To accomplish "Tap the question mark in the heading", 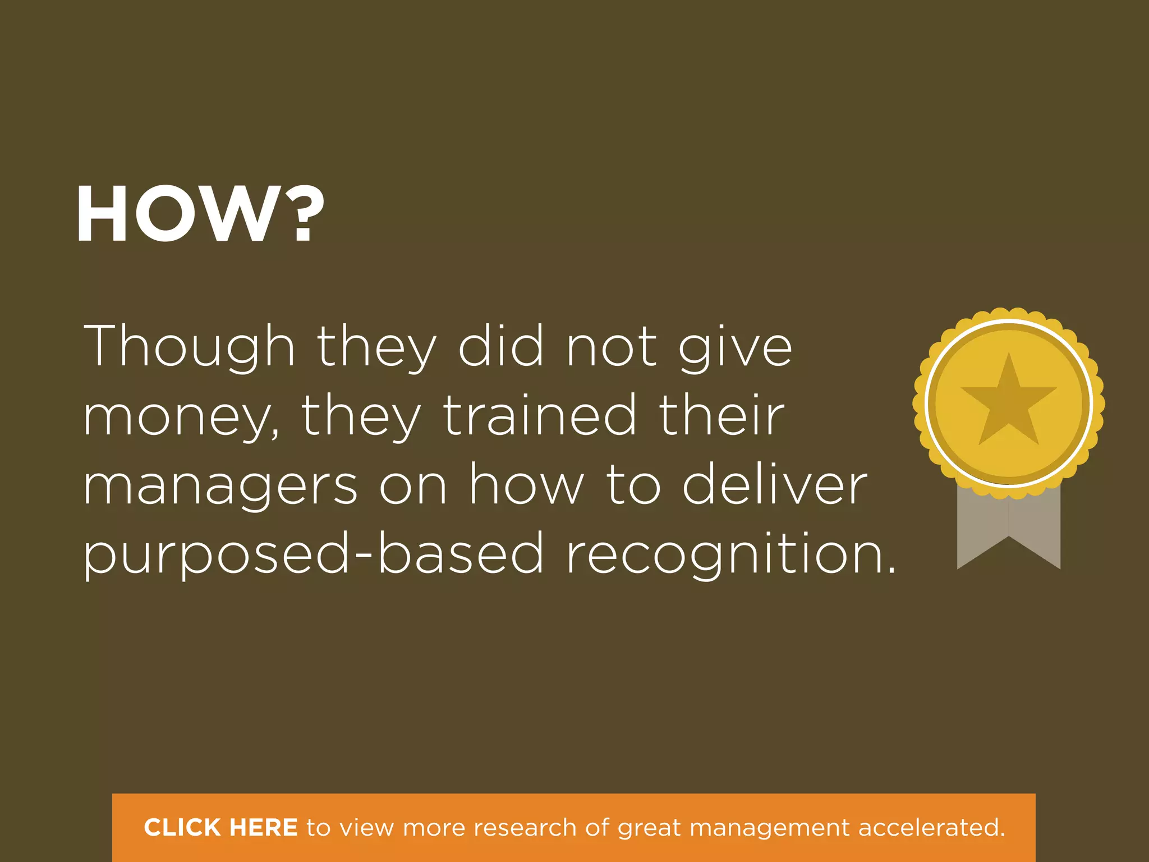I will click(x=304, y=214).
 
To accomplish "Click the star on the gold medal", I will click(x=1008, y=400).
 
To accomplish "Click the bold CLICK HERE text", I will click(x=220, y=828).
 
